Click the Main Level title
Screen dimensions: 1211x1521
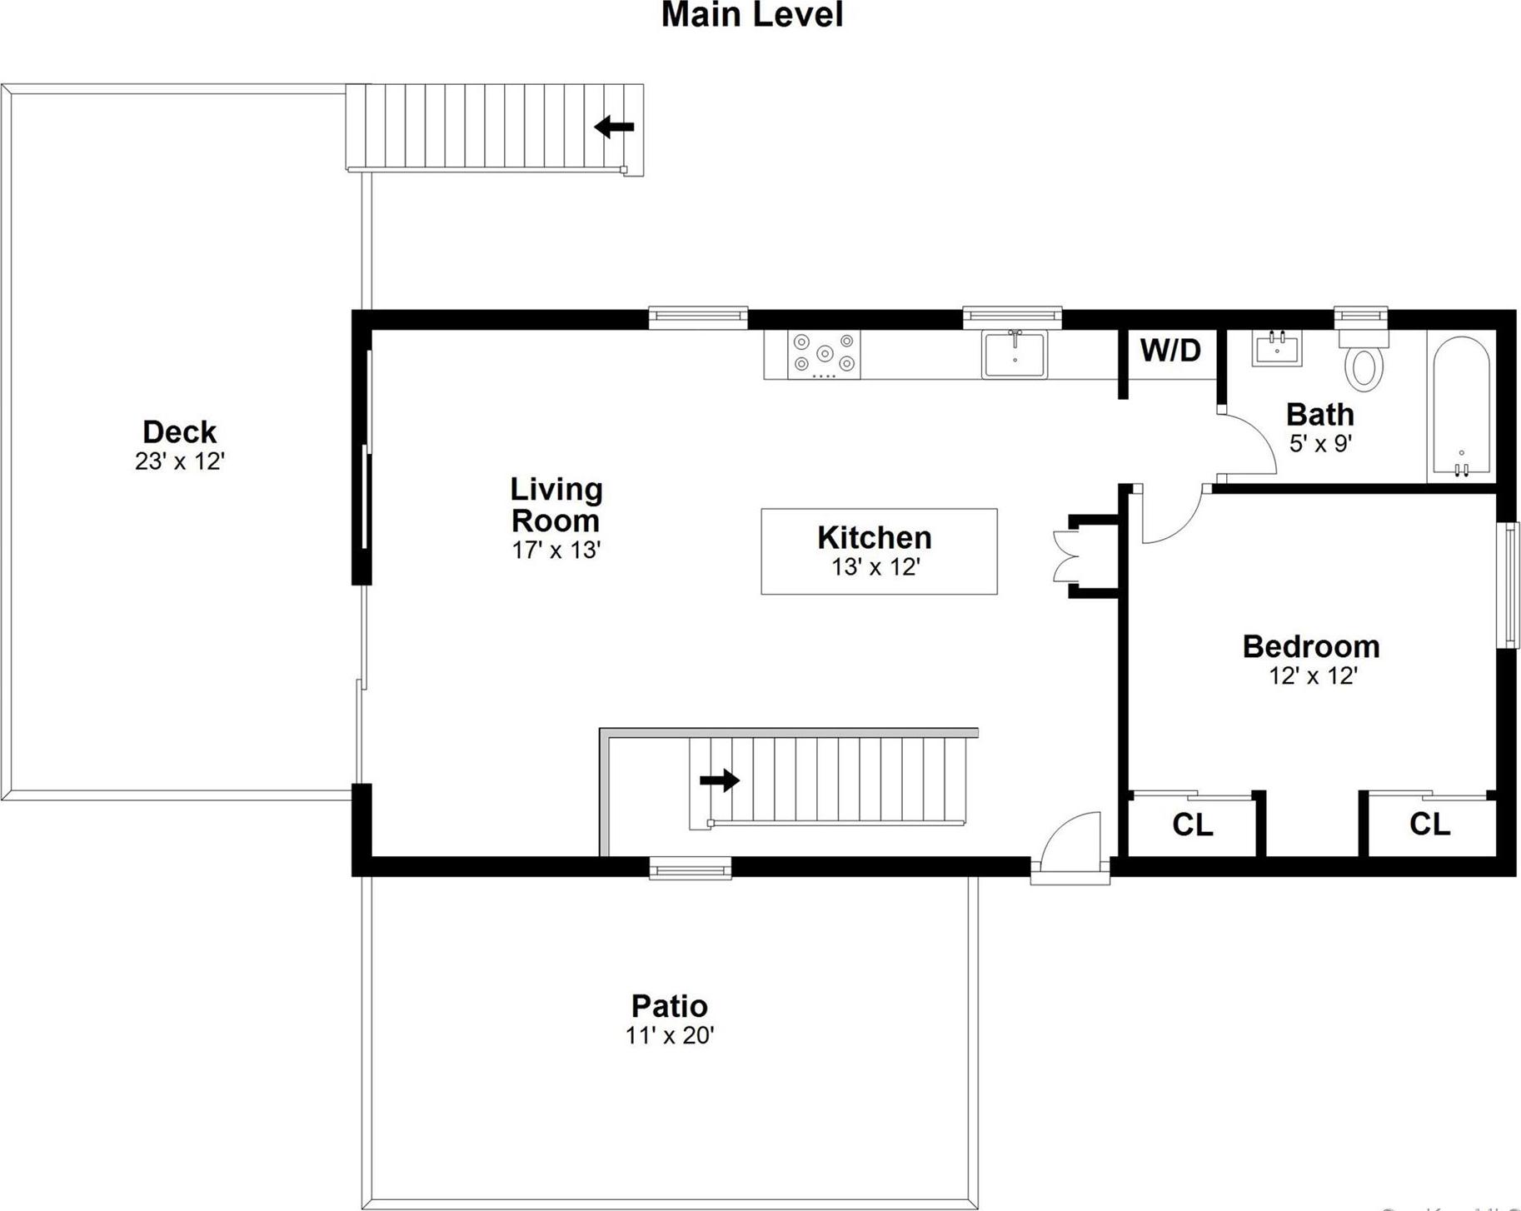(x=751, y=15)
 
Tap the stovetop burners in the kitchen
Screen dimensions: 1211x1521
(x=824, y=354)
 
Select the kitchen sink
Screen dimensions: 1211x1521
(x=1014, y=355)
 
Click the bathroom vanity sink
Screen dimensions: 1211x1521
(x=1276, y=348)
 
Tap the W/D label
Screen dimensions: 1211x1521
(x=1170, y=351)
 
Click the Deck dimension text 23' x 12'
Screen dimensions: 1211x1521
(x=180, y=461)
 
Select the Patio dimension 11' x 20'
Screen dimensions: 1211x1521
(x=670, y=1035)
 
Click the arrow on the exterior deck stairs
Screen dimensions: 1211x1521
(x=615, y=127)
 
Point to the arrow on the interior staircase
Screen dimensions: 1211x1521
(x=720, y=780)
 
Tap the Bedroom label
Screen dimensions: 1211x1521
(x=1311, y=646)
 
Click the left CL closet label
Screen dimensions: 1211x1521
(x=1192, y=825)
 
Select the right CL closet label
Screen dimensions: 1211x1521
(x=1429, y=824)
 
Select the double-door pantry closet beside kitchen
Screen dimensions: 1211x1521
(x=1069, y=556)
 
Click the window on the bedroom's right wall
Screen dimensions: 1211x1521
(x=1508, y=585)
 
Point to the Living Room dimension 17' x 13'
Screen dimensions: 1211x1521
(x=556, y=551)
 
